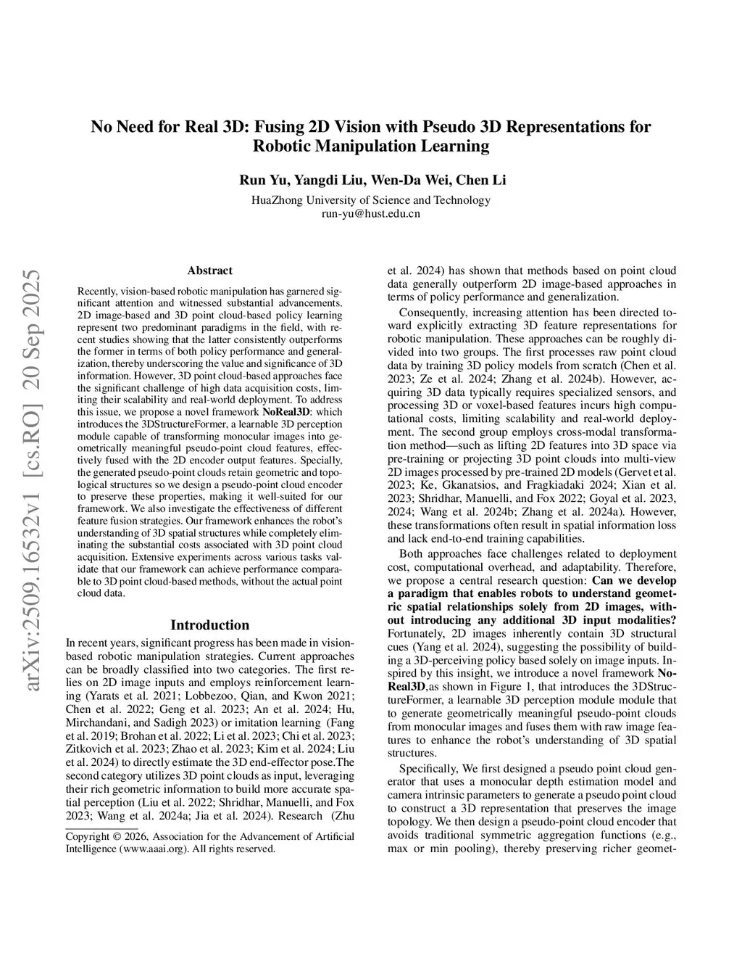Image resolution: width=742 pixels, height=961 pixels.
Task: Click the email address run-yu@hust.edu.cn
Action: point(370,214)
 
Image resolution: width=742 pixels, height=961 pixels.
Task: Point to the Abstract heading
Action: point(209,271)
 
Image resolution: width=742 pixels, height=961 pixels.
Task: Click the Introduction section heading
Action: point(209,625)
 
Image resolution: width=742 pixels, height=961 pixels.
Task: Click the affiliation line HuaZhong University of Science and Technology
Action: point(370,200)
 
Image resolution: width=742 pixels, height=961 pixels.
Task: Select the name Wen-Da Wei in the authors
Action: point(404,180)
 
